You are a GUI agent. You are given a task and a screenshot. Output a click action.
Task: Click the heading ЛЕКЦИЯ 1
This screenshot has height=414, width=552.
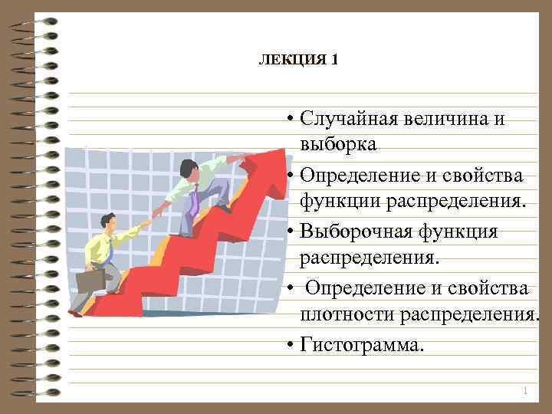(x=298, y=60)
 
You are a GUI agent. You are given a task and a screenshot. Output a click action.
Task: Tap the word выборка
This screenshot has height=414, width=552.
(x=338, y=144)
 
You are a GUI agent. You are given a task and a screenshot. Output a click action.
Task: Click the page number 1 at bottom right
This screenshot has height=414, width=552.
(x=524, y=392)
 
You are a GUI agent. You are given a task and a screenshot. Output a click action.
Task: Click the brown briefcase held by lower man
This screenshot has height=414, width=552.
(x=91, y=280)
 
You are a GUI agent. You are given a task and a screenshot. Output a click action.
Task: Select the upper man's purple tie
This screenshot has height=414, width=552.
(x=195, y=200)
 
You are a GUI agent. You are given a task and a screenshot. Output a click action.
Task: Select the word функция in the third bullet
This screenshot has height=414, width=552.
(x=459, y=231)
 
